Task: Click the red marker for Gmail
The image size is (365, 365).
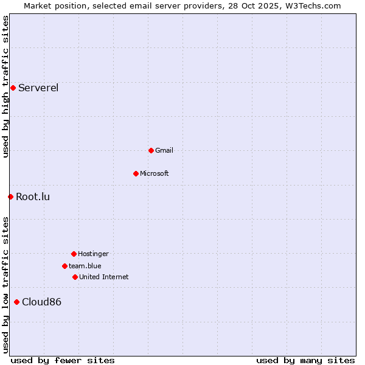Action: click(151, 150)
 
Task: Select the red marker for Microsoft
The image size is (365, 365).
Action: click(136, 173)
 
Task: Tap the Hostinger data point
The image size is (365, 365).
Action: click(74, 254)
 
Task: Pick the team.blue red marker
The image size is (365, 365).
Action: click(64, 266)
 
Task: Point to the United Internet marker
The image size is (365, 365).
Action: click(75, 277)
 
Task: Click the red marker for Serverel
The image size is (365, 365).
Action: click(13, 88)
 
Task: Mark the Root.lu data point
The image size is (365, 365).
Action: click(10, 196)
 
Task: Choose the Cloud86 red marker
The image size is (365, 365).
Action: click(16, 302)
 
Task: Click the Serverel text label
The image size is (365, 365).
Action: click(38, 88)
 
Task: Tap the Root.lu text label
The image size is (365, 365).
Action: click(33, 196)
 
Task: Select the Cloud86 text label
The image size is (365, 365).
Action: click(41, 302)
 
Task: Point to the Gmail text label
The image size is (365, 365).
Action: click(164, 150)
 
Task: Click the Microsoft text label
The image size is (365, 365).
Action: click(155, 173)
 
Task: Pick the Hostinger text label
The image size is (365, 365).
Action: click(93, 254)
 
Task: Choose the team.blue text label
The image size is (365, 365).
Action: click(85, 266)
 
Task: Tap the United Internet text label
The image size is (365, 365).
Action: click(104, 277)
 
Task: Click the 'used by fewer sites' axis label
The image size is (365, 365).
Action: click(63, 360)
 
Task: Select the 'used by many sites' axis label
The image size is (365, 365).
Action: click(305, 360)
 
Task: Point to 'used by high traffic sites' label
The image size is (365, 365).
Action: click(5, 86)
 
